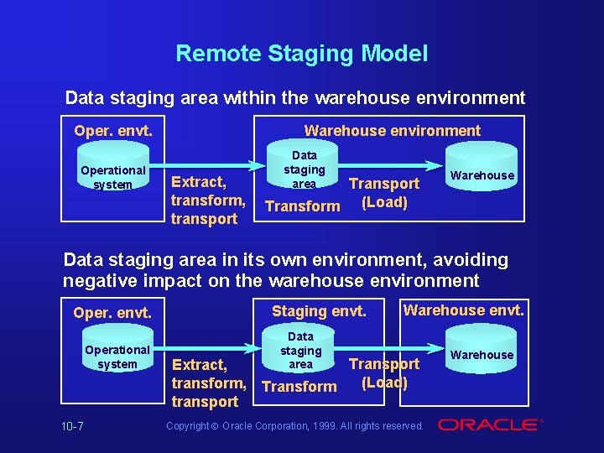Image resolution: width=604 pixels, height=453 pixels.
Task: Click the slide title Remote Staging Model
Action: point(301,55)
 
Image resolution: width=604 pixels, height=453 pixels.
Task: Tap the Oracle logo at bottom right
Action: point(489,425)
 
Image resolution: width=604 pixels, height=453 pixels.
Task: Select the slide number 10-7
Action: point(72,426)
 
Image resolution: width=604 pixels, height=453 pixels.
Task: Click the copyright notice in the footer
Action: point(294,426)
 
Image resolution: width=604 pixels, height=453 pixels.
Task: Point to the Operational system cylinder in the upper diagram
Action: point(113,177)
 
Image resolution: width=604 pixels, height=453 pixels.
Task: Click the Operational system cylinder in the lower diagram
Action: point(117,357)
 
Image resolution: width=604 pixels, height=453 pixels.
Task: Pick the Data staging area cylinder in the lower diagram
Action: point(300,351)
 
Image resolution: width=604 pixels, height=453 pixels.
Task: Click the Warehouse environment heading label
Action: point(392,131)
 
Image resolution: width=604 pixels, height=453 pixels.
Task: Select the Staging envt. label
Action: point(319,311)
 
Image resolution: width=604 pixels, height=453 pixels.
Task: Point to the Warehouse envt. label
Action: point(463,310)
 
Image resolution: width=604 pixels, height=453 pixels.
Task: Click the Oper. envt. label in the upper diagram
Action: point(112,131)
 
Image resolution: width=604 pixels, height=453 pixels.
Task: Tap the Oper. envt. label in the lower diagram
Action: point(112,313)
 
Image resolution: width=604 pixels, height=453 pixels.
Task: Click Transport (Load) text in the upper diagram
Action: point(383,193)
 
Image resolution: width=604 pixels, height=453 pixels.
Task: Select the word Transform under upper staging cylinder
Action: point(302,206)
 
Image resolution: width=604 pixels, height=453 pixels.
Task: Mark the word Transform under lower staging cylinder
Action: point(299,387)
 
